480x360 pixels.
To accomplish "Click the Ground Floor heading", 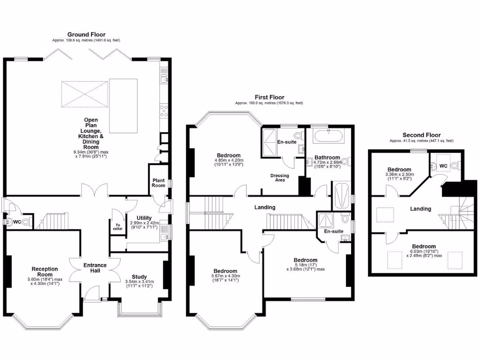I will (x=86, y=35).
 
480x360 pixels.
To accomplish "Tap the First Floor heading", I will (x=269, y=97).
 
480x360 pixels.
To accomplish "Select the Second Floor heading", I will (x=421, y=135).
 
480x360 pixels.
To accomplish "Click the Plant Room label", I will (x=158, y=182).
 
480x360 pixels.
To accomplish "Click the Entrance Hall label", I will (x=95, y=269).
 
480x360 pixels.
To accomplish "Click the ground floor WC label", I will (x=17, y=221).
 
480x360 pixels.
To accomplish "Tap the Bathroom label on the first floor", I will (x=327, y=157).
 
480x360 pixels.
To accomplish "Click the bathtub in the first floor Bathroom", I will (x=329, y=137).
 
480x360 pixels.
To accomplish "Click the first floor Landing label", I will (x=265, y=207).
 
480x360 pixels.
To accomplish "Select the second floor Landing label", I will (x=420, y=209).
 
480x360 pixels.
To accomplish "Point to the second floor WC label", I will (x=443, y=165).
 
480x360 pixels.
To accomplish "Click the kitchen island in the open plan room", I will (x=123, y=106).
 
